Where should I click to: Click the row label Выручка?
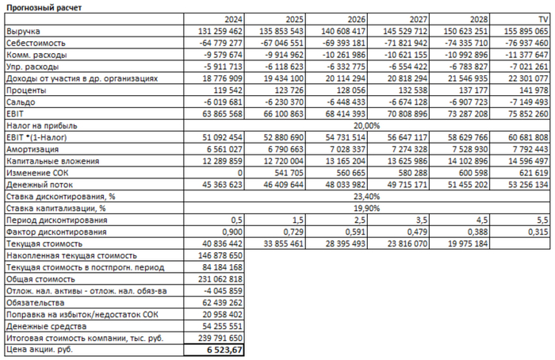pos(23,31)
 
